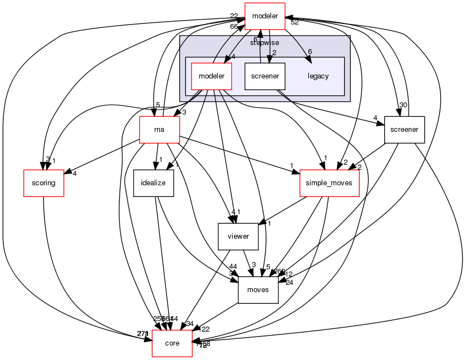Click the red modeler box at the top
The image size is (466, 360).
(265, 16)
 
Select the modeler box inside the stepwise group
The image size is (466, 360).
(211, 76)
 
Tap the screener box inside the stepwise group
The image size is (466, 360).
(265, 76)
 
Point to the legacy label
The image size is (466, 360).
(318, 76)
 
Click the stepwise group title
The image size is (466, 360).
(264, 42)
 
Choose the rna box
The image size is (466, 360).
(159, 130)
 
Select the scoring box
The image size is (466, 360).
(43, 183)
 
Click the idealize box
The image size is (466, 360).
(154, 183)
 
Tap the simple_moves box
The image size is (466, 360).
(330, 183)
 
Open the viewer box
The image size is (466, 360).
(238, 236)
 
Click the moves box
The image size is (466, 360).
(258, 290)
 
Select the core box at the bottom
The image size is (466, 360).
(172, 343)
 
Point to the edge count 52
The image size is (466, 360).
(295, 22)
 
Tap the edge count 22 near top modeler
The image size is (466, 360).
(235, 15)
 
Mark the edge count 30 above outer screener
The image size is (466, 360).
(403, 105)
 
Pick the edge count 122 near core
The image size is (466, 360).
(204, 329)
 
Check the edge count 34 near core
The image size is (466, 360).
(190, 324)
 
